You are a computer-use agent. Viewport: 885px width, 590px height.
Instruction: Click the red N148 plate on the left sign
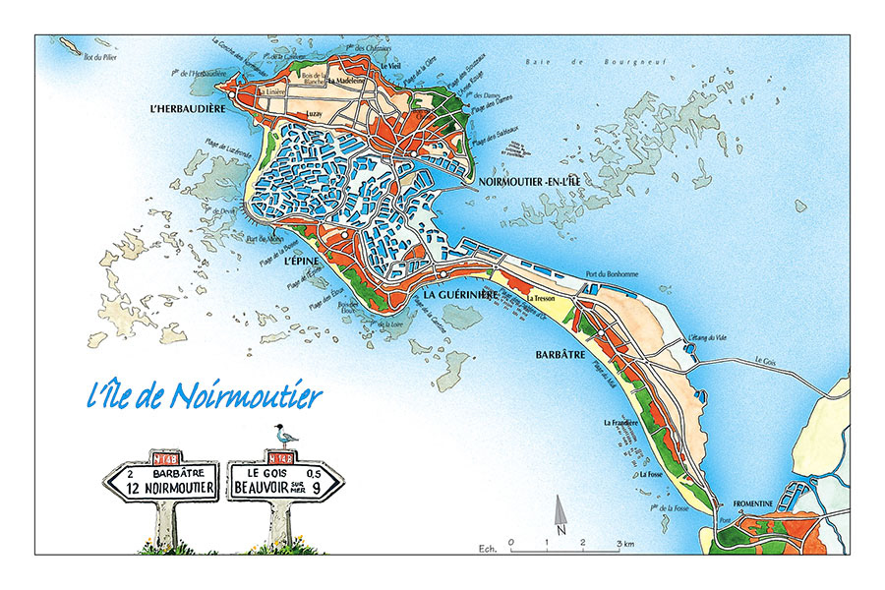coord(167,457)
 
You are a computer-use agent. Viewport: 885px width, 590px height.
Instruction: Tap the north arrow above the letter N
coord(560,510)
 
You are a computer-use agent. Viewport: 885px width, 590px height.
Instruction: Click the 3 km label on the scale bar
coord(626,542)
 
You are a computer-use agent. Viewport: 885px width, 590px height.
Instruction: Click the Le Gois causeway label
coord(767,360)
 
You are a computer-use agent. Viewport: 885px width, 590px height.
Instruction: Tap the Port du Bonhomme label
coord(611,274)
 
